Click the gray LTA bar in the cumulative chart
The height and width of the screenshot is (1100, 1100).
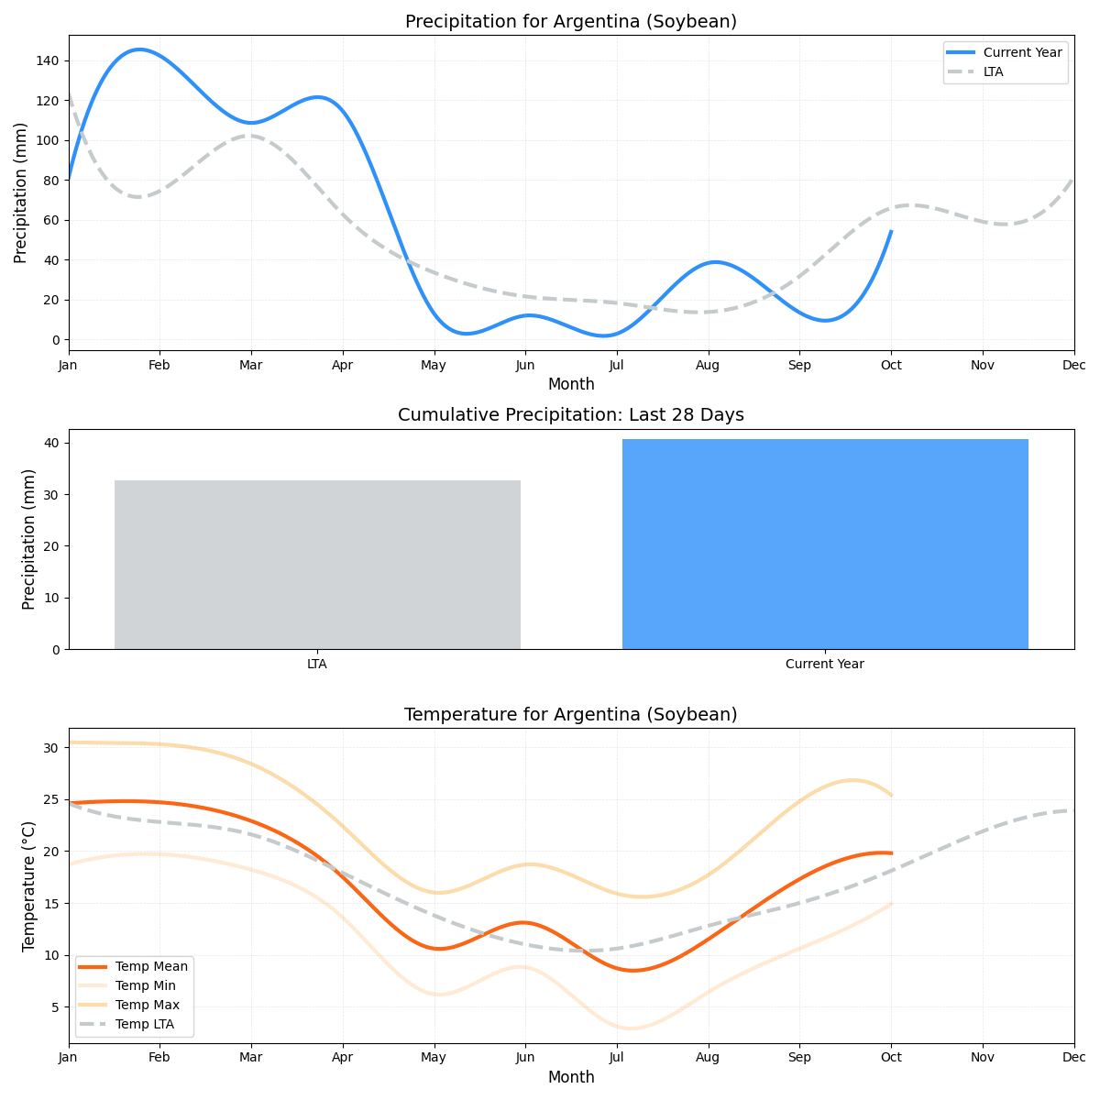tap(317, 565)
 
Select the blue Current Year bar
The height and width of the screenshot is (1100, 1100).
tap(825, 544)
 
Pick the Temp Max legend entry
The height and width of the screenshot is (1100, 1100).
tap(147, 1005)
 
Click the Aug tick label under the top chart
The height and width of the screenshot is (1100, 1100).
tap(708, 365)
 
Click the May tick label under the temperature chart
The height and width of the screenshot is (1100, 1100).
tap(434, 1058)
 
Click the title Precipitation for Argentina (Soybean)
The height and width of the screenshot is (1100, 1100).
tap(570, 21)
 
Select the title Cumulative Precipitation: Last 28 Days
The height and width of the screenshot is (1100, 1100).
tap(570, 415)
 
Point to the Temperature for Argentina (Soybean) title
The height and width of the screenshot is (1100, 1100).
tap(570, 714)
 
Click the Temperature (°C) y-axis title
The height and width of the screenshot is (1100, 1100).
tap(28, 885)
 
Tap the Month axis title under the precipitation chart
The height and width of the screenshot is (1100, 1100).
tap(570, 384)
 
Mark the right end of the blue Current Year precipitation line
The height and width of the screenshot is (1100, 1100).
tap(891, 231)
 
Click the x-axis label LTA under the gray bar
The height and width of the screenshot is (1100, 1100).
tap(317, 664)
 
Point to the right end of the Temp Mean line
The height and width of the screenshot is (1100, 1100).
tap(891, 853)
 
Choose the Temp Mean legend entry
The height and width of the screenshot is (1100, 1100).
tap(151, 966)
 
